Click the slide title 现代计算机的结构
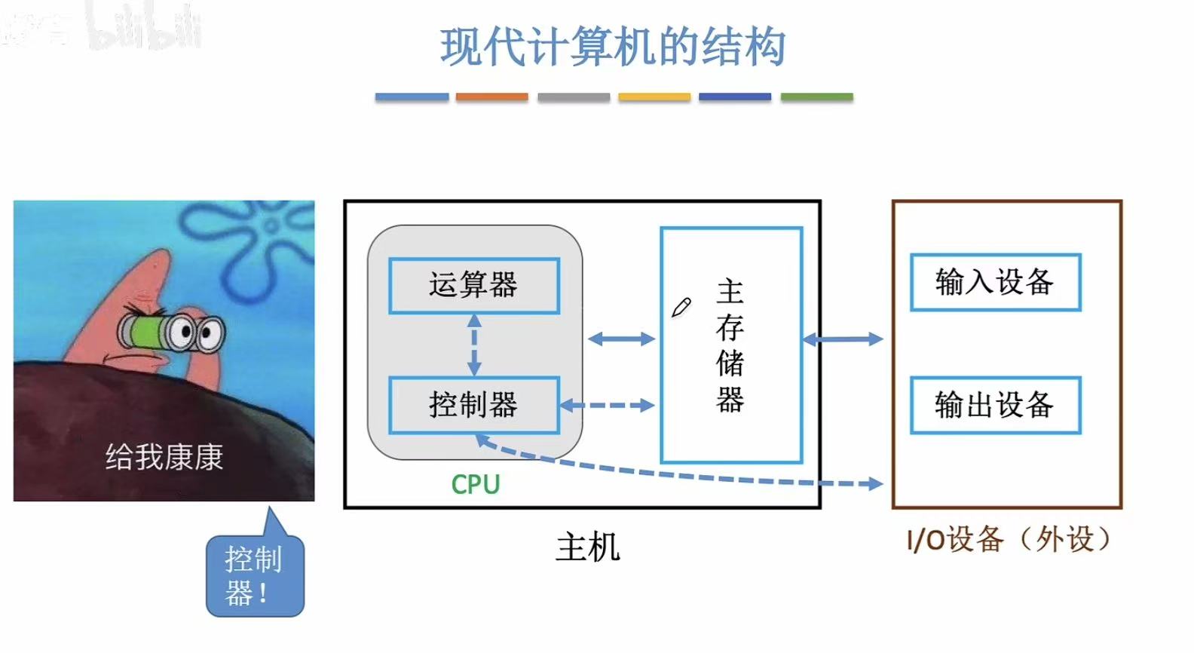[x=613, y=47]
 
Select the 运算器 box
[x=473, y=286]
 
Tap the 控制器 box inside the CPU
[x=473, y=405]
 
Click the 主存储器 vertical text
[x=730, y=345]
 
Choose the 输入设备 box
[x=995, y=283]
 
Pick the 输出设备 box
[x=995, y=405]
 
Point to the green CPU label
[x=475, y=484]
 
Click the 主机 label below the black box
[x=587, y=547]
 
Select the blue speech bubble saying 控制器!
[x=255, y=576]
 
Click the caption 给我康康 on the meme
[x=164, y=457]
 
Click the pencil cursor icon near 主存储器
[x=681, y=308]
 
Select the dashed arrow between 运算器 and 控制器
[x=474, y=345]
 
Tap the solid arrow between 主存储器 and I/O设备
[x=843, y=339]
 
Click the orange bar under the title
[x=491, y=97]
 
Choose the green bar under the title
[x=816, y=97]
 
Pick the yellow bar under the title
[x=654, y=97]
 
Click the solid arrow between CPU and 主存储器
[x=621, y=339]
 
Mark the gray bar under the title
[x=574, y=97]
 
